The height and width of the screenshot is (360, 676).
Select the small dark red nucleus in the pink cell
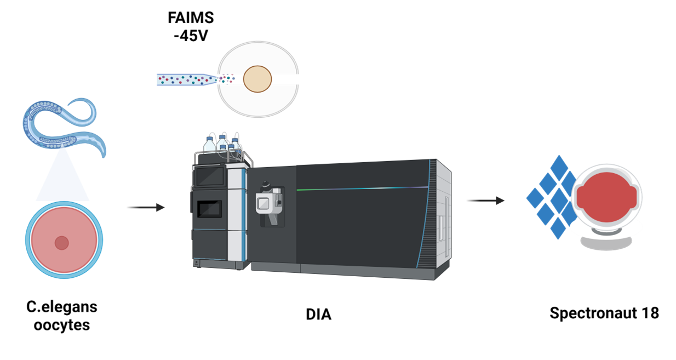pos(61,243)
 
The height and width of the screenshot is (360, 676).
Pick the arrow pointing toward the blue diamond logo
pos(485,201)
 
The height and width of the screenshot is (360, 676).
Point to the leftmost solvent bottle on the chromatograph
pos(210,144)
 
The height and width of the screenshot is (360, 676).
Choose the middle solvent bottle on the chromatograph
pos(222,142)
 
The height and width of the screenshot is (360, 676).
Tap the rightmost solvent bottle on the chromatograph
pos(235,145)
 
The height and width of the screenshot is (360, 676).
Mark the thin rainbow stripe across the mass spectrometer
pos(362,188)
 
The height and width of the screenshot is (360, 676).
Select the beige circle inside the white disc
pos(257,79)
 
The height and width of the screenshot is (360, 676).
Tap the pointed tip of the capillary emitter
pos(216,79)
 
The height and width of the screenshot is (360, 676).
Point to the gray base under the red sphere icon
pos(606,241)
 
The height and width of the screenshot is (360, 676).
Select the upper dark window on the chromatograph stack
pos(210,176)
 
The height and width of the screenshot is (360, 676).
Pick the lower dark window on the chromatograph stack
pos(210,208)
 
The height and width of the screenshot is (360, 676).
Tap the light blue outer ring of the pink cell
pos(28,240)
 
